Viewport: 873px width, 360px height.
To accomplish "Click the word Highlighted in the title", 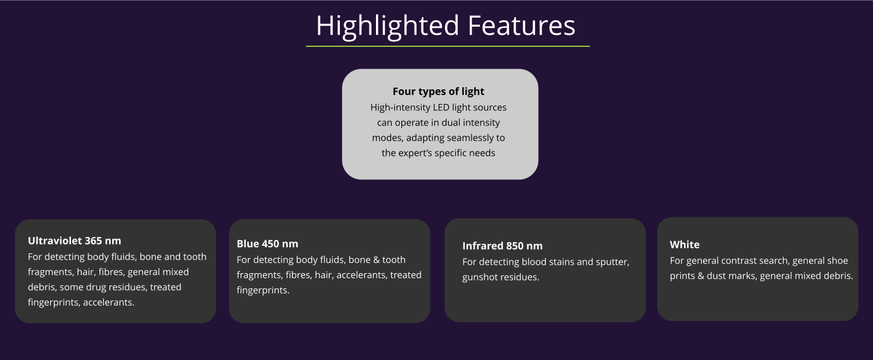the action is click(387, 27).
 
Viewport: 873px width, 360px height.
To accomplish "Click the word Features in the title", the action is click(522, 25).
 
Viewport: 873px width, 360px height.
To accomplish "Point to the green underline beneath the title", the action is click(448, 46).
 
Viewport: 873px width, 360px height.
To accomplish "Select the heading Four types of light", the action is click(439, 91).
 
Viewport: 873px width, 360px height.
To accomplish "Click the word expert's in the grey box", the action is click(417, 153).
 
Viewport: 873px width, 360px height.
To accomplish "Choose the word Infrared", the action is click(482, 247).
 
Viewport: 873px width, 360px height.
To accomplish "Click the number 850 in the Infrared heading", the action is click(515, 247).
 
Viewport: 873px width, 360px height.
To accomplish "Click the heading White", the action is click(684, 245).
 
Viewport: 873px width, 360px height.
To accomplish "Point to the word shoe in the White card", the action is click(836, 260).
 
